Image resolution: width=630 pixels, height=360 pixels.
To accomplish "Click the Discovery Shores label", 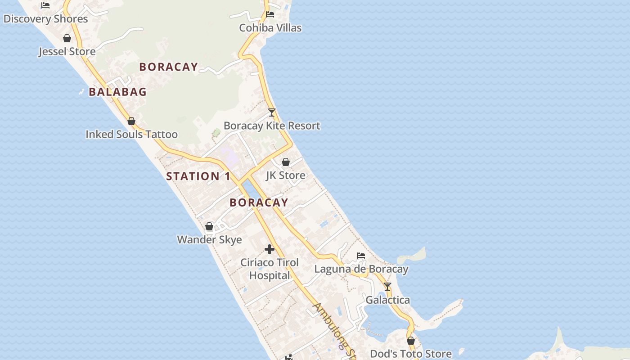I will point(45,19).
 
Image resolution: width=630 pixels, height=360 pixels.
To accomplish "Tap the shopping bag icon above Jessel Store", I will point(67,38).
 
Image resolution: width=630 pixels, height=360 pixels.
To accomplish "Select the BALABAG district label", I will point(117,92).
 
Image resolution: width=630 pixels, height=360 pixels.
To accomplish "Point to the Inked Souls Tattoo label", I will point(131,134).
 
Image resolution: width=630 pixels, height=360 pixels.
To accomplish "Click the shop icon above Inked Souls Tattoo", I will point(131,121).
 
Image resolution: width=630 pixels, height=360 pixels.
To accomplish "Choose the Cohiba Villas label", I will point(270,28).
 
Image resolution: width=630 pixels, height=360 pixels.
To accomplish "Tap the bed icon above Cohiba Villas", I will point(270,14).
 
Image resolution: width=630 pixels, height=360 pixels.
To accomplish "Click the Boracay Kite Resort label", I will point(272,126).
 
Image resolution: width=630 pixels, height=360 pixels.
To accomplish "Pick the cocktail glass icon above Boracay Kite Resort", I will point(272,112).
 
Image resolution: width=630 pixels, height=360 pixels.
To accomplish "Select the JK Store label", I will point(286,175).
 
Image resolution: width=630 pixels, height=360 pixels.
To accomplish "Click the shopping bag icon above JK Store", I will point(286,162).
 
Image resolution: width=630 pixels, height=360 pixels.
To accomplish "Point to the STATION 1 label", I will point(198,176).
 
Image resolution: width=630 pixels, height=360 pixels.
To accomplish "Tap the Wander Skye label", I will point(209,239).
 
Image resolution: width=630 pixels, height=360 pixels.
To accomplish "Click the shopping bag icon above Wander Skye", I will point(209,226).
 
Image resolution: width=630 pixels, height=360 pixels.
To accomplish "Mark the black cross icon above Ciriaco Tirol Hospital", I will point(270,249).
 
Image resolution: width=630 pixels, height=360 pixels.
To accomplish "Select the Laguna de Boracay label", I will point(361,269).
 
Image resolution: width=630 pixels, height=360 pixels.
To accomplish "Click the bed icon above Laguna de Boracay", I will point(361,256).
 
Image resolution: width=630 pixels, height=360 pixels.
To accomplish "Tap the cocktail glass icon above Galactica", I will point(387,287).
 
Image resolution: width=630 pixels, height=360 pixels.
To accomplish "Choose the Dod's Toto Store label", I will point(410,354).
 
